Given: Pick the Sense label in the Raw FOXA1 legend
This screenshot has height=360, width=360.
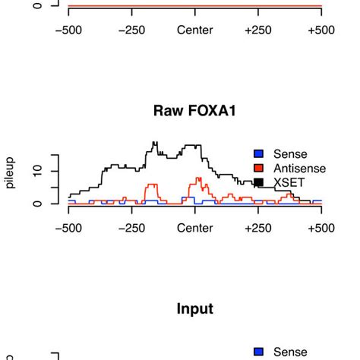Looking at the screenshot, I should [x=290, y=153].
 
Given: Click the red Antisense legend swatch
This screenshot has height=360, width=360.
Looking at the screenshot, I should [x=258, y=168].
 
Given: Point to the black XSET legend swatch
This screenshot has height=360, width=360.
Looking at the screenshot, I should [x=258, y=182].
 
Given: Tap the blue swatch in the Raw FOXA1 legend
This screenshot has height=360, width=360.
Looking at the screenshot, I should [x=258, y=153].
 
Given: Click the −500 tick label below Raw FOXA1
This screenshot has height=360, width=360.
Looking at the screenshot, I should [x=68, y=228].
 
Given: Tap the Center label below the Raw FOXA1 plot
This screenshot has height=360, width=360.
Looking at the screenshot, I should [x=195, y=228].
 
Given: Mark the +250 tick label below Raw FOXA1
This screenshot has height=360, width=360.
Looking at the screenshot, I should [x=258, y=228].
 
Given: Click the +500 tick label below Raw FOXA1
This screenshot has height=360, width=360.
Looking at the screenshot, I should [x=321, y=228].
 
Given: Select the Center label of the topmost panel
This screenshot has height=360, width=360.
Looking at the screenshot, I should [x=195, y=30].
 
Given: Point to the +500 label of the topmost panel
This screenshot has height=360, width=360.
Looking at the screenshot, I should [x=321, y=30].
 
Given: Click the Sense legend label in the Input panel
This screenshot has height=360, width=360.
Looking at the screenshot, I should [x=290, y=352].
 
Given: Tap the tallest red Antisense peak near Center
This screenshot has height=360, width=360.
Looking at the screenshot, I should [x=198, y=179].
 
